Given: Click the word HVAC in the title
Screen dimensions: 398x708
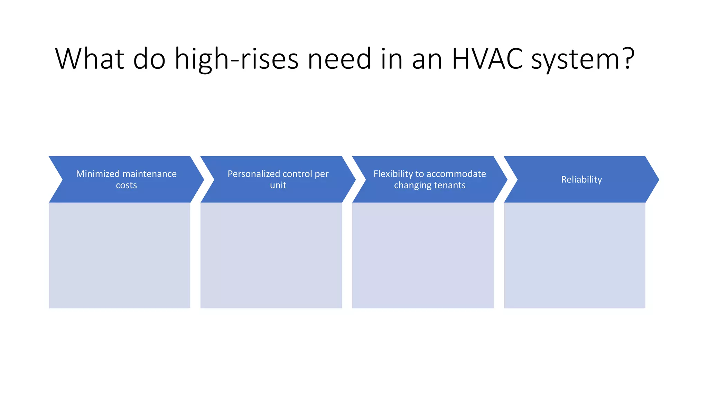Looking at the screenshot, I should pyautogui.click(x=487, y=59).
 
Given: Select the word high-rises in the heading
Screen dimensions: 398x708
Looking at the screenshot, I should pyautogui.click(x=236, y=59).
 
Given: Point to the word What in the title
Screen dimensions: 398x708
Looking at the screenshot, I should pyautogui.click(x=90, y=59).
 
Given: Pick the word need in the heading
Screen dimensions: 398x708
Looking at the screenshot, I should pyautogui.click(x=339, y=59).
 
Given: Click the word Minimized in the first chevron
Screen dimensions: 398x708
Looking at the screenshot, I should pyautogui.click(x=97, y=174).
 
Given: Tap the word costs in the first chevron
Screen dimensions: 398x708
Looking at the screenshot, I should pyautogui.click(x=126, y=186).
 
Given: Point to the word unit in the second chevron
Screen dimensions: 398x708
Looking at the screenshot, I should pyautogui.click(x=278, y=186).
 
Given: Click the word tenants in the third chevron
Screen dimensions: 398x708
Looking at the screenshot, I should pyautogui.click(x=449, y=186).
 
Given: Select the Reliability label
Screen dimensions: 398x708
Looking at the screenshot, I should pyautogui.click(x=581, y=180).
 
